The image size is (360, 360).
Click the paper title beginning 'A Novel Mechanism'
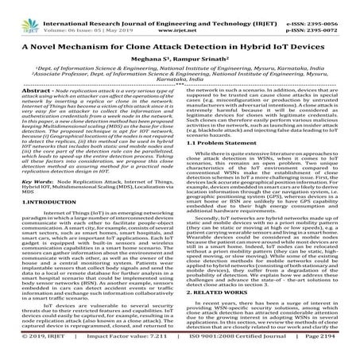180,39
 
